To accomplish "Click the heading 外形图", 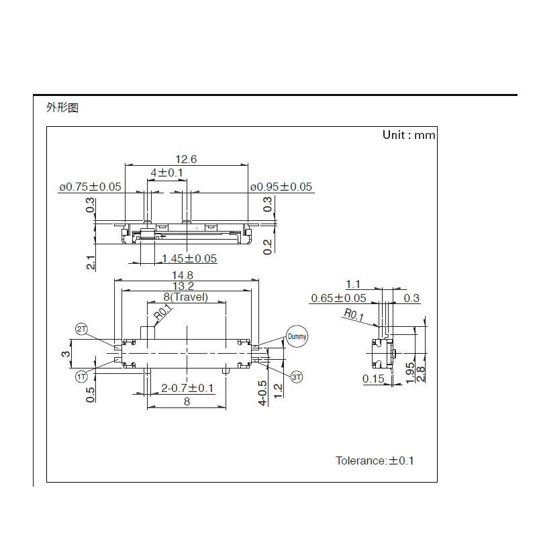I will [x=62, y=107].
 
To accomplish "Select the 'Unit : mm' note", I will [x=408, y=135].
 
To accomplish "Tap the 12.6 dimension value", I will [x=186, y=159].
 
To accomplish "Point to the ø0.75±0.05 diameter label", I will [x=90, y=187].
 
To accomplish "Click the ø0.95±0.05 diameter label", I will [x=281, y=187].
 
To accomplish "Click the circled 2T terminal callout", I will [x=82, y=329].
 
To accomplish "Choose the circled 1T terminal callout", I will [x=82, y=377].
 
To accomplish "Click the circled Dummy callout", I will [x=296, y=336].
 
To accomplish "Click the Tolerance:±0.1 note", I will [x=375, y=460].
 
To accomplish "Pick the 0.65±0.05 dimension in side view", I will [x=338, y=298].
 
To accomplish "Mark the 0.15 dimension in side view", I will [x=374, y=379].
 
